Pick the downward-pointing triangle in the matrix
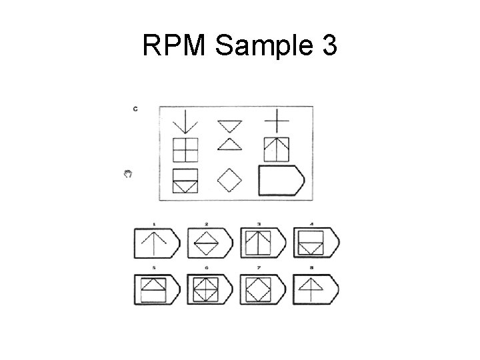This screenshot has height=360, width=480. click(229, 125)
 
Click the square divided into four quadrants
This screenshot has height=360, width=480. click(185, 149)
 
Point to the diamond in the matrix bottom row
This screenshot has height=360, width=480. click(230, 179)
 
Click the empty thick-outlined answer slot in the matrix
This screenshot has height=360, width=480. click(280, 180)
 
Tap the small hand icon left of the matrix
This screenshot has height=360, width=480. click(129, 174)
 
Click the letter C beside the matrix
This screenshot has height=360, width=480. click(135, 109)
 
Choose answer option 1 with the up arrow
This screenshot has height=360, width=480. click(157, 243)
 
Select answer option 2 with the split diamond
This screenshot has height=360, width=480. click(209, 243)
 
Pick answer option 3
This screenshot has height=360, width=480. click(261, 243)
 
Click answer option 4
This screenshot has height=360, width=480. click(315, 243)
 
